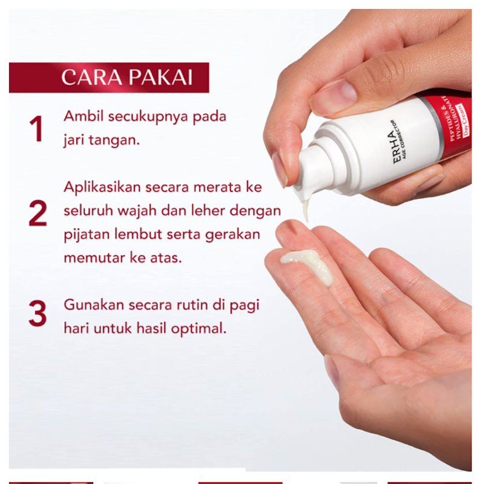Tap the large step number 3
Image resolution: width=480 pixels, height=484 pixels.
38,314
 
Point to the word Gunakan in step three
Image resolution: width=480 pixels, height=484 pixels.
89,305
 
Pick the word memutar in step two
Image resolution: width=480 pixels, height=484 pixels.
90,258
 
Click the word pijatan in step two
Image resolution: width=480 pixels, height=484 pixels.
84,235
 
